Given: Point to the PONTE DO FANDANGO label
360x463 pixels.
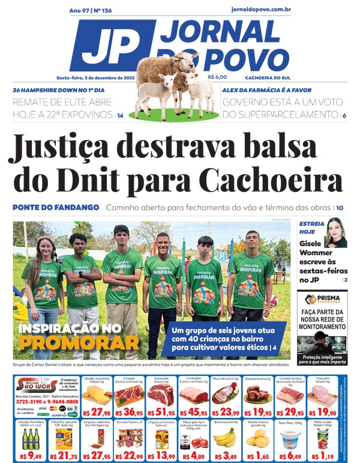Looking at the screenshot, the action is tap(56, 207).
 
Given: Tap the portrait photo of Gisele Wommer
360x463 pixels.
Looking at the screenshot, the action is tap(335, 233).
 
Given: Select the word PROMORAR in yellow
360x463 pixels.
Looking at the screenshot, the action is tap(78, 343).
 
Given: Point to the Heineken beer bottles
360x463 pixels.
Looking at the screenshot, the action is tap(29, 437).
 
